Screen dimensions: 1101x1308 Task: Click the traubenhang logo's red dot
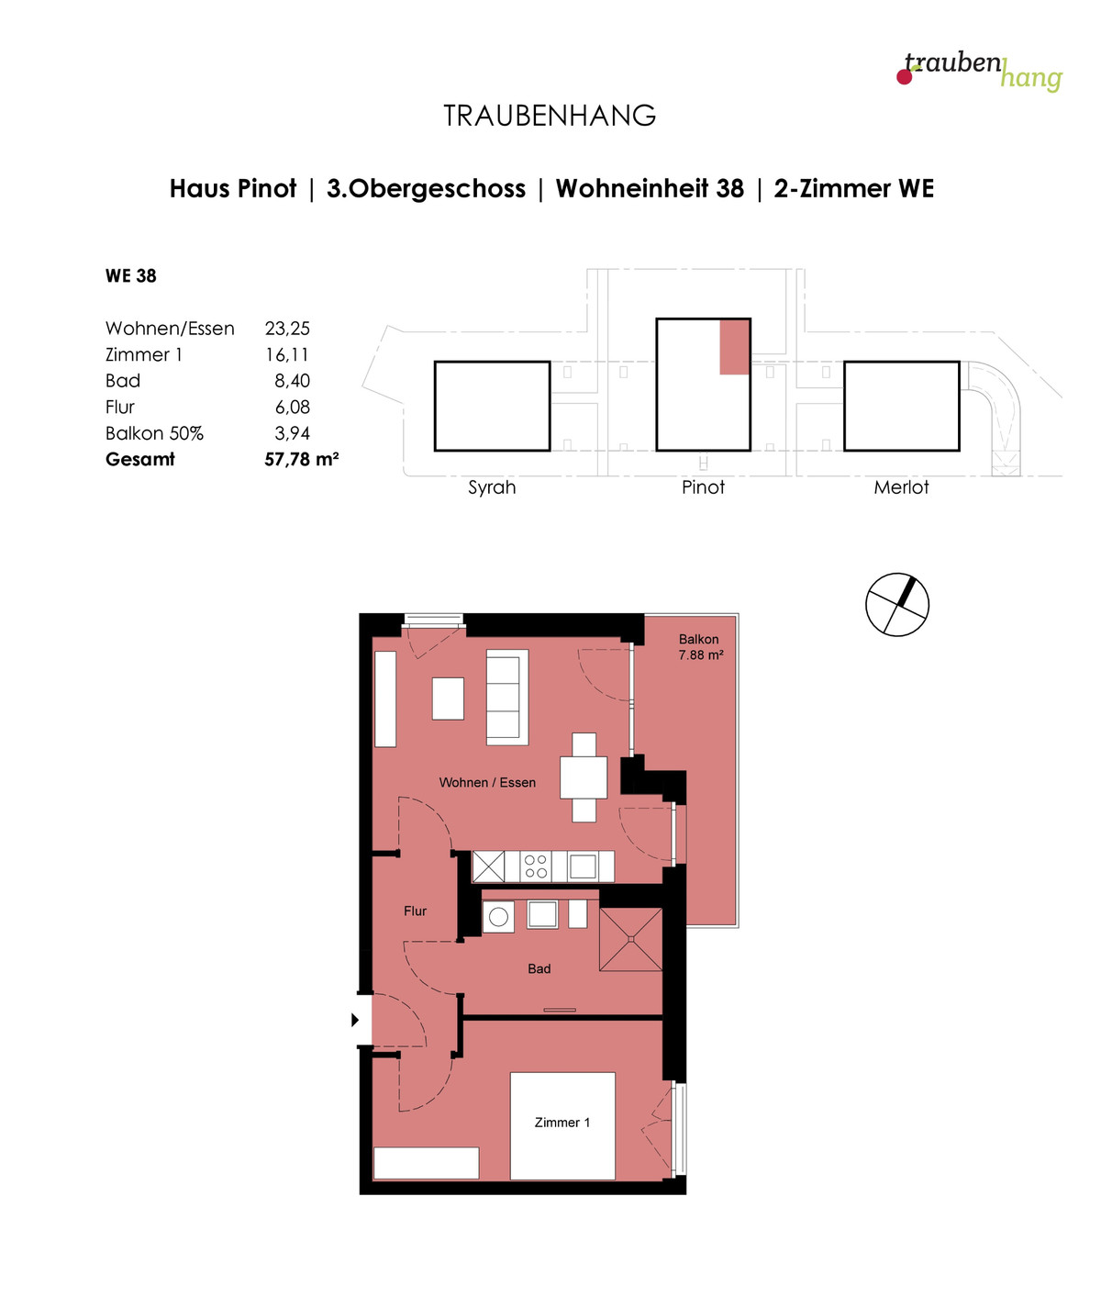904,77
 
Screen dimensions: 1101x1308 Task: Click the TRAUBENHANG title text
550,116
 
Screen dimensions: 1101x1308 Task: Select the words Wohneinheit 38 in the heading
650,188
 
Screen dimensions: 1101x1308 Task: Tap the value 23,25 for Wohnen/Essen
287,329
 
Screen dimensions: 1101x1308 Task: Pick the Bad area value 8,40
293,381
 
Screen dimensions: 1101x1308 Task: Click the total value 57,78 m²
301,459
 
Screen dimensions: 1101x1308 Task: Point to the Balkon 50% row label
154,433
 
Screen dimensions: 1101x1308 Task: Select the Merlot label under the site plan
901,487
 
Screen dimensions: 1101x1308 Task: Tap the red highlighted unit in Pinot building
734,347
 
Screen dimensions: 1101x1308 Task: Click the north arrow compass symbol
896,605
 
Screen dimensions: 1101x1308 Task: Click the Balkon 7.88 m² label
701,647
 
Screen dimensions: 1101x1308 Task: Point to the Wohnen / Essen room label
487,782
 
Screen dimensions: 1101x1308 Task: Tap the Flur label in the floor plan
415,911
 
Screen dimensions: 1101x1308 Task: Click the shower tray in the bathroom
630,940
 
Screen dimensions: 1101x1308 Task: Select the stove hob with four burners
536,867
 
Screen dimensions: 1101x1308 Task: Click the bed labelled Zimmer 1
562,1125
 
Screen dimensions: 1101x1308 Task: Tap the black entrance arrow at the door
355,1020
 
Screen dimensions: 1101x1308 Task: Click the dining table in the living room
584,777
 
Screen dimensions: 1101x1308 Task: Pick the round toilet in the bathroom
498,917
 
